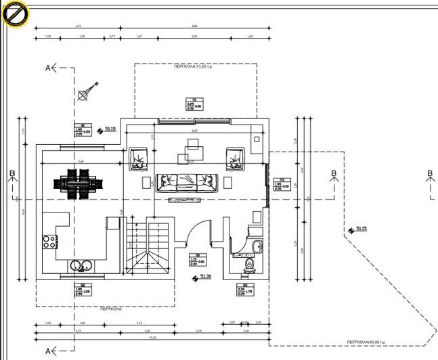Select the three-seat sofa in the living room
[x=187, y=181]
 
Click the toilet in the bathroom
[x=248, y=264]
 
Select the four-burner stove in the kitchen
[x=49, y=242]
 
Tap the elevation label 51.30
[x=204, y=276]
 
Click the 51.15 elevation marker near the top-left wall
[x=109, y=129]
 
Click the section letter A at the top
[x=48, y=68]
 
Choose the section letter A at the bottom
[x=48, y=351]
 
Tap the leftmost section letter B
[x=12, y=175]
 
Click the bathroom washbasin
[x=256, y=246]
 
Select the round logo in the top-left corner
[x=14, y=14]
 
